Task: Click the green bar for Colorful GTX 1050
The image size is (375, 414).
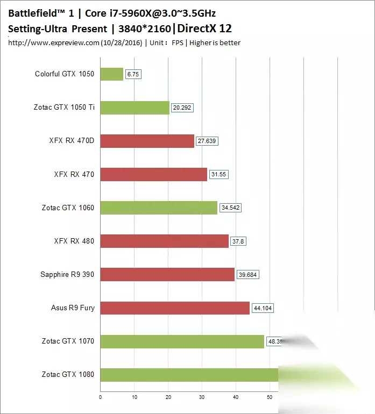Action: tap(112, 74)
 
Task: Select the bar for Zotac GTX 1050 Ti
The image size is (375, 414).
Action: tap(135, 108)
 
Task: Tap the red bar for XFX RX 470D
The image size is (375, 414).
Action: tap(147, 141)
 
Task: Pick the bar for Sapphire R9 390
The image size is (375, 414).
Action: tap(168, 274)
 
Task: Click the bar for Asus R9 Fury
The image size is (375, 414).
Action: tap(175, 308)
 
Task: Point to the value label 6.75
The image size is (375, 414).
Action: tap(133, 74)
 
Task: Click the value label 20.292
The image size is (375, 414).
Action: tap(182, 108)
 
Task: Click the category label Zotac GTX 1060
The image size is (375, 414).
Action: tap(68, 208)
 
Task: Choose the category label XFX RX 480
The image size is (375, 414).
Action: tap(74, 241)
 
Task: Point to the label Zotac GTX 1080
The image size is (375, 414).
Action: tap(68, 374)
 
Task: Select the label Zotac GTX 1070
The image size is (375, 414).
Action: tap(68, 341)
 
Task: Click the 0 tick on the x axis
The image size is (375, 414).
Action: tap(101, 397)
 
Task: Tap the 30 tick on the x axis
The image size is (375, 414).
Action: tap(202, 397)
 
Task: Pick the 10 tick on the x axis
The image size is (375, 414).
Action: tap(135, 397)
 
